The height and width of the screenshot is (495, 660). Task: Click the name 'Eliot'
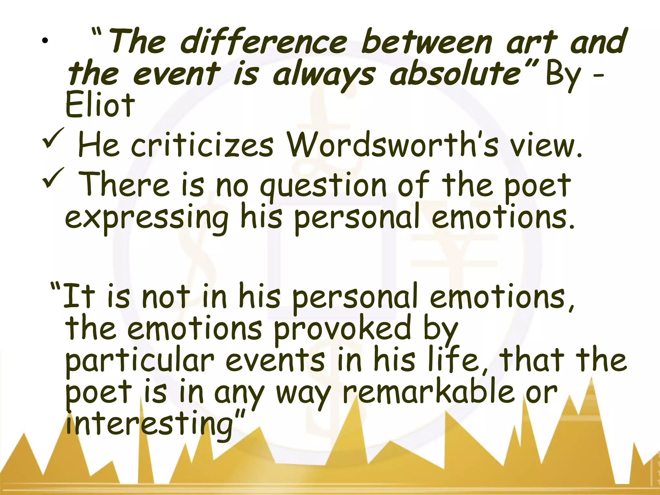pos(100,105)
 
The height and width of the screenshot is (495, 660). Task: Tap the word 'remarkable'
pos(429,392)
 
